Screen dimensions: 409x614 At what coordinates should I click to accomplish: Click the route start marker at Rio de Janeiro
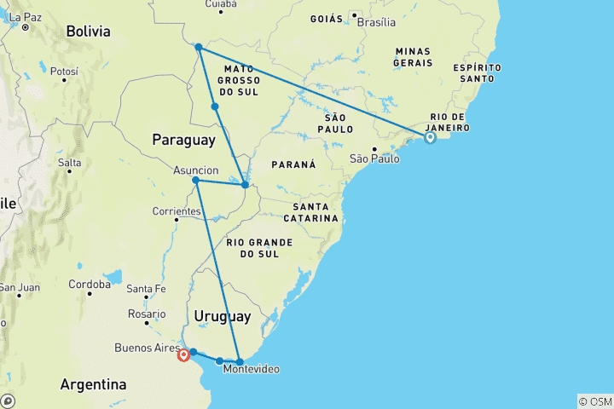point(430,137)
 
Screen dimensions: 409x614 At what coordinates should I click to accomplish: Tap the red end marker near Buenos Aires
point(183,355)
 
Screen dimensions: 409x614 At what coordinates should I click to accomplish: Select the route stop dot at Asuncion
point(196,180)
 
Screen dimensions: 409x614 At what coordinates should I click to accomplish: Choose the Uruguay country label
point(223,316)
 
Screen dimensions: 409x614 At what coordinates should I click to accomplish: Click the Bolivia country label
point(88,32)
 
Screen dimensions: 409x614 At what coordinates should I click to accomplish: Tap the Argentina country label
point(93,385)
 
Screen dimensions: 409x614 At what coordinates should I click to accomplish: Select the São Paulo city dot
point(374,149)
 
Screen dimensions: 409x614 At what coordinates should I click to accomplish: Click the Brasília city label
point(376,22)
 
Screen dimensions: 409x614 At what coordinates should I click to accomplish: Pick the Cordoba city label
point(90,285)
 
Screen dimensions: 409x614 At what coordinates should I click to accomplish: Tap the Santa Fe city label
point(146,290)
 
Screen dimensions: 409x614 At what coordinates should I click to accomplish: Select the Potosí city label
point(64,72)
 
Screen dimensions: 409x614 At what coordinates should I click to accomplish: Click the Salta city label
point(70,162)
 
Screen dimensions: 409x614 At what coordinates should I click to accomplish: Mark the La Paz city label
point(27,17)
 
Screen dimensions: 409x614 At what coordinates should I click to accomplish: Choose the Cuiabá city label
point(220,4)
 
